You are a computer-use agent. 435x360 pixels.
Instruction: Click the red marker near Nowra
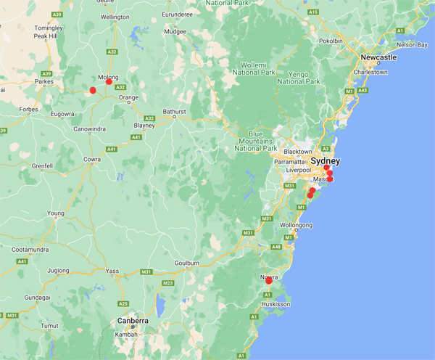click(x=269, y=281)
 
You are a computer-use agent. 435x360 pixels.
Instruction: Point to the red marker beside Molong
click(x=109, y=82)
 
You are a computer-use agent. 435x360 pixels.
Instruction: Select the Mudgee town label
click(x=175, y=32)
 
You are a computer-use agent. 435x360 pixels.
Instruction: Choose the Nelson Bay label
click(x=412, y=44)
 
